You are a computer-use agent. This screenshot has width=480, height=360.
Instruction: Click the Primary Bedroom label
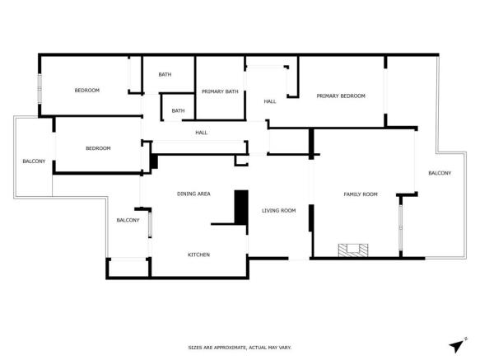(x=341, y=96)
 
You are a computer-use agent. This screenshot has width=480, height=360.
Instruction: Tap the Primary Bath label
(x=220, y=91)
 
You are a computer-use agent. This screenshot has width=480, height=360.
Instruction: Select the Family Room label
(x=360, y=194)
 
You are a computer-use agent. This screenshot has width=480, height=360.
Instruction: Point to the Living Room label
(x=278, y=211)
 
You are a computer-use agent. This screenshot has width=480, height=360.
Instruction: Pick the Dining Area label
(x=193, y=194)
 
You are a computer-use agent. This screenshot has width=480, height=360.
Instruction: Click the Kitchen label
(x=198, y=255)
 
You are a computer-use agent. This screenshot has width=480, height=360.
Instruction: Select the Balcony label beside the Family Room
(x=440, y=173)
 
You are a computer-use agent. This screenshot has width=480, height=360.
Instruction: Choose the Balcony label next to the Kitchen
(x=128, y=220)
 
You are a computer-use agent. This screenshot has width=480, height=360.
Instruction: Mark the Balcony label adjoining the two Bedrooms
(x=34, y=161)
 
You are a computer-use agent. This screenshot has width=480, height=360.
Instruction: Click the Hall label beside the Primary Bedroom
(x=269, y=101)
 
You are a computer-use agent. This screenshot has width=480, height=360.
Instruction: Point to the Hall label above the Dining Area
(x=201, y=133)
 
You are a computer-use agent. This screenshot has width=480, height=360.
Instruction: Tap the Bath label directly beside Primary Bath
(x=165, y=75)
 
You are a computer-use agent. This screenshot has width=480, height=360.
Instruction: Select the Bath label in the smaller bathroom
(x=178, y=110)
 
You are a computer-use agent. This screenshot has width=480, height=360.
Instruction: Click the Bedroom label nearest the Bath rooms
(x=86, y=91)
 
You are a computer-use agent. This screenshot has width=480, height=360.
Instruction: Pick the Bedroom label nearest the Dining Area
(x=98, y=148)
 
